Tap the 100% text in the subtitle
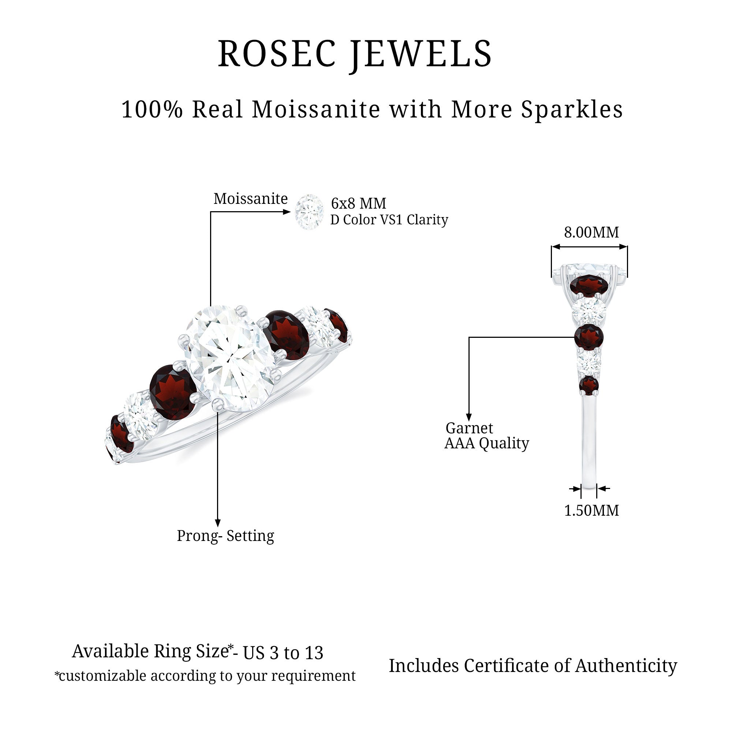[x=152, y=109]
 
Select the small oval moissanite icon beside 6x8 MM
[x=309, y=212]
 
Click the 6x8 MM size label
[x=358, y=203]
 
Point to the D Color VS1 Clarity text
[x=389, y=220]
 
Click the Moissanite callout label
[x=250, y=198]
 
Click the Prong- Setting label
[x=225, y=536]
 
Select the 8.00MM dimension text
[x=591, y=232]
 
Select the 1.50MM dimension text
[x=591, y=510]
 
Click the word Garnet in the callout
[x=469, y=428]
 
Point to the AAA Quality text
[x=487, y=443]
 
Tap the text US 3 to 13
[x=283, y=653]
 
